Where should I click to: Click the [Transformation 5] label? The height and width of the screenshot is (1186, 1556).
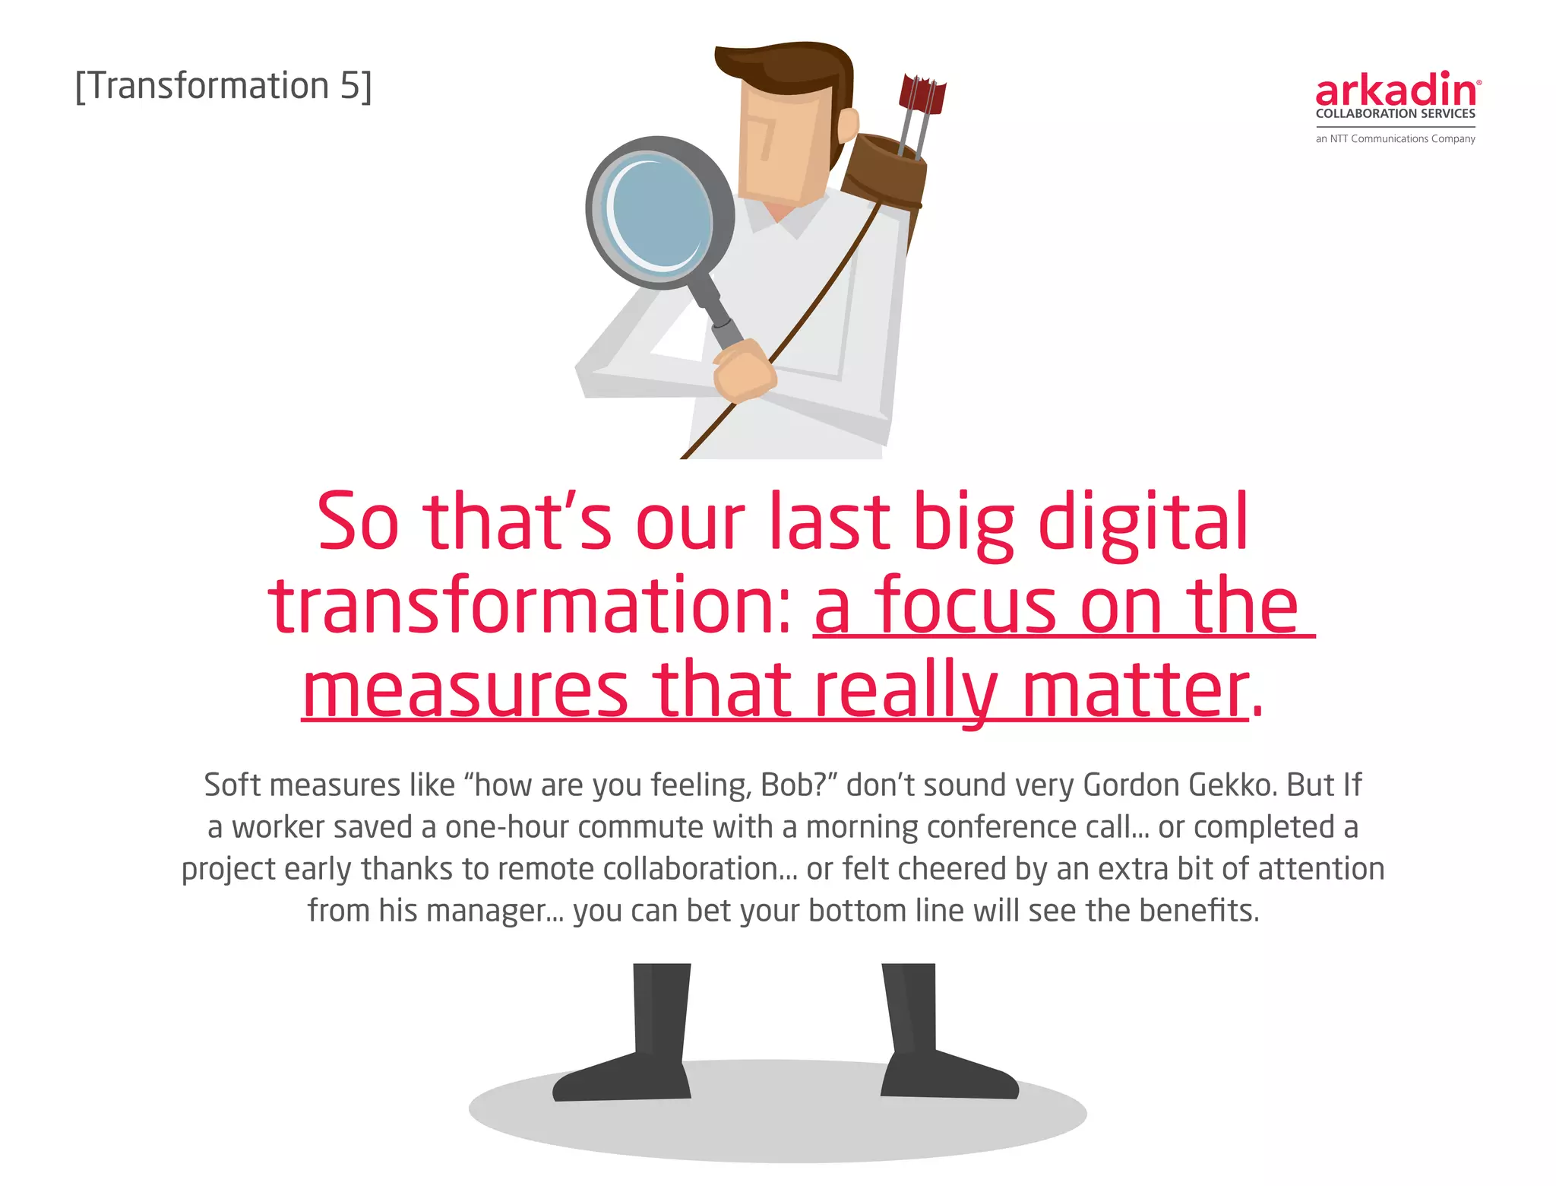(x=223, y=86)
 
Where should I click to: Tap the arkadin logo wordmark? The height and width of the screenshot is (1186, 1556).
(x=1396, y=90)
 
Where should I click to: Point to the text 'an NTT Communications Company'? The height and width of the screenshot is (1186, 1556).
(x=1395, y=138)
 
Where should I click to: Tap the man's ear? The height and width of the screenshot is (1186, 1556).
(x=847, y=125)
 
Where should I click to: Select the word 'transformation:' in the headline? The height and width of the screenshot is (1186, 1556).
(x=531, y=606)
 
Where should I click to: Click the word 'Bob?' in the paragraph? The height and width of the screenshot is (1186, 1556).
(x=794, y=785)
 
